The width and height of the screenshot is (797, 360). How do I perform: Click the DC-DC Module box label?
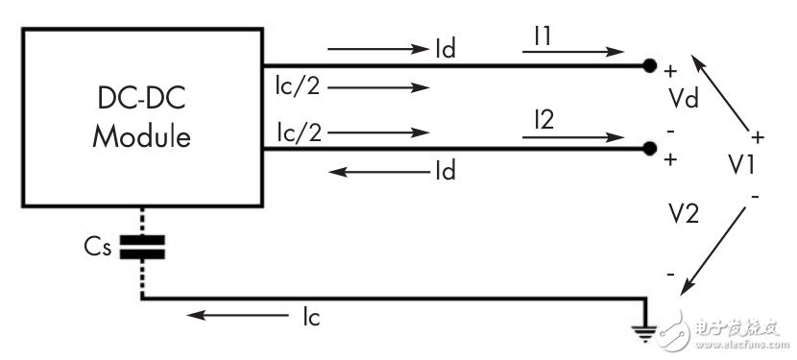coord(141,119)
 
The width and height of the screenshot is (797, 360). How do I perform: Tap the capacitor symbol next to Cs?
coord(141,247)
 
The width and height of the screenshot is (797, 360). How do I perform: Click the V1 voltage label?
coord(740,165)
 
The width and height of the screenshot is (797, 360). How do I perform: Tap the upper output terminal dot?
coord(649,66)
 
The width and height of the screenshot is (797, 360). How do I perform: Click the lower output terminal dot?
coord(649,149)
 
